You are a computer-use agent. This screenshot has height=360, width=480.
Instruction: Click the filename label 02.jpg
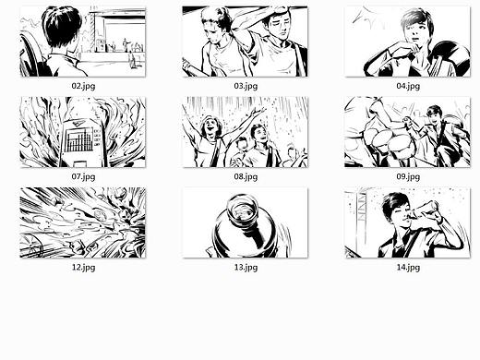pyautogui.click(x=83, y=86)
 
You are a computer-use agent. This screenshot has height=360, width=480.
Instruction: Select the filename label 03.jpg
pyautogui.click(x=246, y=86)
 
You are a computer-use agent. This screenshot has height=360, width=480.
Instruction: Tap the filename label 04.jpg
pyautogui.click(x=408, y=86)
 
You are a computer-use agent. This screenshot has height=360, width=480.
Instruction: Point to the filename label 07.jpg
pyautogui.click(x=83, y=177)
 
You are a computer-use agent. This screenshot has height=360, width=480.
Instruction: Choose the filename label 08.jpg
pyautogui.click(x=246, y=177)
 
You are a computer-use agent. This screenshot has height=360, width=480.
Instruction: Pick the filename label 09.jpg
pyautogui.click(x=408, y=177)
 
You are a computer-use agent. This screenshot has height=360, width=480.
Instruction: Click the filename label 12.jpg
pyautogui.click(x=83, y=268)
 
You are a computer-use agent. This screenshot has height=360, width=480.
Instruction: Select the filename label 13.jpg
pyautogui.click(x=246, y=268)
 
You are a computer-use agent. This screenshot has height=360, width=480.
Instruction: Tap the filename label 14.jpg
pyautogui.click(x=408, y=268)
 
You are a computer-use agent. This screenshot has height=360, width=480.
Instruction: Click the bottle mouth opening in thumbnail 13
pyautogui.click(x=242, y=208)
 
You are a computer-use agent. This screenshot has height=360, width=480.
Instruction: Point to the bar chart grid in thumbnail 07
pyautogui.click(x=79, y=140)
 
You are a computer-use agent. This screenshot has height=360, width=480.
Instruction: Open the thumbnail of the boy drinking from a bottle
pyautogui.click(x=407, y=222)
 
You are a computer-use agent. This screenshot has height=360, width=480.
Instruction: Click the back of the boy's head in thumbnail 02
pyautogui.click(x=62, y=26)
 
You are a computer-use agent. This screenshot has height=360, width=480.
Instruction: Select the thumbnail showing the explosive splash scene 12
pyautogui.click(x=83, y=222)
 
